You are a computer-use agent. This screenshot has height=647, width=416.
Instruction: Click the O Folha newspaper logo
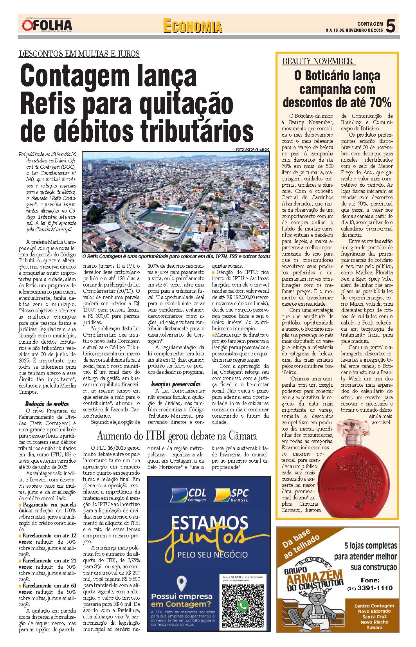tap(47, 25)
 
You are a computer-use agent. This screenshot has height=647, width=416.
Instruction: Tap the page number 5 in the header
tap(391, 26)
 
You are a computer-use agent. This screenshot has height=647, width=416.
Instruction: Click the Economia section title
tap(192, 26)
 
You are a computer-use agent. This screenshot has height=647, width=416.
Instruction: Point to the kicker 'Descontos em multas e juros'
tap(79, 54)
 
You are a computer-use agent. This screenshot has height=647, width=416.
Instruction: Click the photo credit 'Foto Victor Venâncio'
tap(252, 150)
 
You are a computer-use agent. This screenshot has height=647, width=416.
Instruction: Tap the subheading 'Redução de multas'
tap(47, 404)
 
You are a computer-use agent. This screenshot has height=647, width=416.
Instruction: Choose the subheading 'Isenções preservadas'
tap(176, 384)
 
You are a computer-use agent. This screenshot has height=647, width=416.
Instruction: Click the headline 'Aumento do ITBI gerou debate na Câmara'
tap(177, 436)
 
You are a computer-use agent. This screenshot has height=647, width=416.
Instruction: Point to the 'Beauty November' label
tap(317, 61)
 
